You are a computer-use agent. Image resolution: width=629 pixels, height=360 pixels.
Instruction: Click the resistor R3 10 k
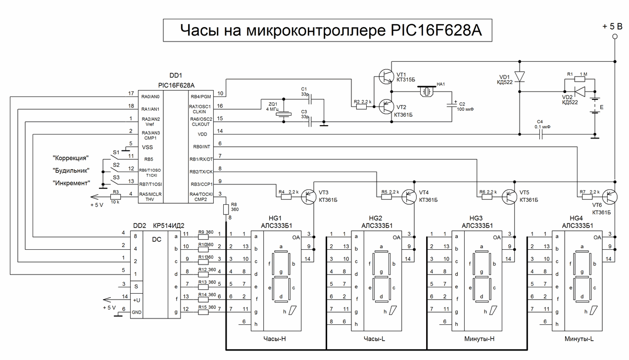click(116, 196)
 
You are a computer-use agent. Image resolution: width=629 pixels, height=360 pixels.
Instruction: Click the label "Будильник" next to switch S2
click(71, 170)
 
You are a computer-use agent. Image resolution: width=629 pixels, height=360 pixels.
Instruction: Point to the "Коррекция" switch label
click(71, 158)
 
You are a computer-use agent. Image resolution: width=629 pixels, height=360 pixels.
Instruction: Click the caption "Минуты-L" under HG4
click(579, 339)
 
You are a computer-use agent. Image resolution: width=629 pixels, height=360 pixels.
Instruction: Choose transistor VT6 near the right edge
click(610, 196)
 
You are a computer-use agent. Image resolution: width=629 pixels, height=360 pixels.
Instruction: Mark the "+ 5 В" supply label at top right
click(613, 26)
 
